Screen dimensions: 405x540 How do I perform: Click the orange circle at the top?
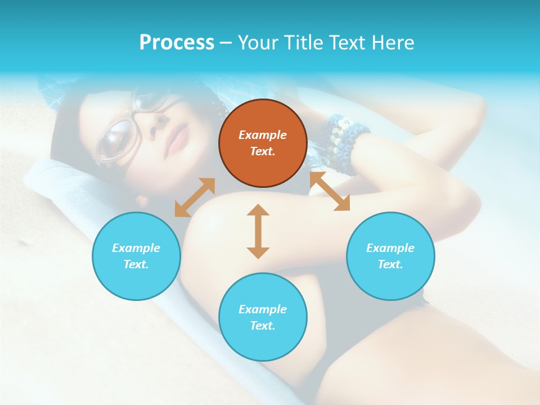(263, 143)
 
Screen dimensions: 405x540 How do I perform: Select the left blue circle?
(136, 256)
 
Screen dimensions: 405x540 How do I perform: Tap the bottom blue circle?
(263, 317)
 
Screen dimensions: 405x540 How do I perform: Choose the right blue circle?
(390, 256)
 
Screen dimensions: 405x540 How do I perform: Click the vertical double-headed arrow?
(258, 231)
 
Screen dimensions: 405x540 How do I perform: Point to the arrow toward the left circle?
(195, 197)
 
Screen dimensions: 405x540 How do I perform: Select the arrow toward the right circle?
(330, 191)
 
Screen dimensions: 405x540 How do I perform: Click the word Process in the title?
(177, 42)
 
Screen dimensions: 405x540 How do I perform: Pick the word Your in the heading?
(256, 42)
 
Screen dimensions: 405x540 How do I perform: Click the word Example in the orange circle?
(263, 135)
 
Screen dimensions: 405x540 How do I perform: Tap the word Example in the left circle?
(136, 248)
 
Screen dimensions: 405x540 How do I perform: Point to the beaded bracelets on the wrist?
(343, 141)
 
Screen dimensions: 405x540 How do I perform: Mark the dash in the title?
(226, 43)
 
